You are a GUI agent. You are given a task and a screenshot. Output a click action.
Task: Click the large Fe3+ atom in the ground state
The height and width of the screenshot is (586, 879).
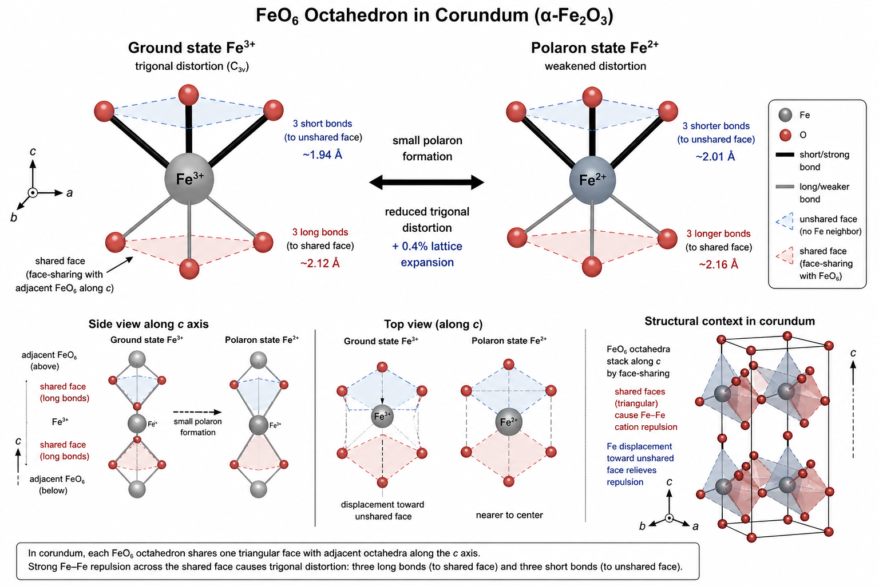click(x=189, y=179)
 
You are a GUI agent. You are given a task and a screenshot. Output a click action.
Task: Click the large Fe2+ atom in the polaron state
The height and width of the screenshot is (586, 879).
click(x=592, y=180)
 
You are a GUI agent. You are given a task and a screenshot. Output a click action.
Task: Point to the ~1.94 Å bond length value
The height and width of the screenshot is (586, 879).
click(x=323, y=155)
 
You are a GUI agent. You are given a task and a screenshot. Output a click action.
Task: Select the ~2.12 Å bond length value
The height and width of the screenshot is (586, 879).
click(x=320, y=263)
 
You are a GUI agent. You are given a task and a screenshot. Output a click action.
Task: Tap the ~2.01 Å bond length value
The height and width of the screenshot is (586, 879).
click(x=715, y=156)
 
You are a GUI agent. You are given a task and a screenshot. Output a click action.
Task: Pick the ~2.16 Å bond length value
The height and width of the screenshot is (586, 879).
click(x=718, y=264)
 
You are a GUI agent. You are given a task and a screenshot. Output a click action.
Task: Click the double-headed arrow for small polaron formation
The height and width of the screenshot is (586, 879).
click(x=427, y=183)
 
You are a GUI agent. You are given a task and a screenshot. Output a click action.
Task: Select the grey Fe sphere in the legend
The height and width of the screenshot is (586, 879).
click(x=786, y=115)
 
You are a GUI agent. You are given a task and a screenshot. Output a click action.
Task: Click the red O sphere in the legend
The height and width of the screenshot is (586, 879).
click(x=786, y=135)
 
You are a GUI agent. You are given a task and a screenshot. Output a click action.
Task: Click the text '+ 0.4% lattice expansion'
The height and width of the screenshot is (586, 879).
click(x=427, y=254)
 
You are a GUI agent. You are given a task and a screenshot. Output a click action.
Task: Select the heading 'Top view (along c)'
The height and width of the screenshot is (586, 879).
click(x=433, y=324)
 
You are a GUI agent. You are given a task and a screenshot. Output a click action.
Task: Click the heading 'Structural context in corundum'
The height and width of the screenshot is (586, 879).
click(x=730, y=321)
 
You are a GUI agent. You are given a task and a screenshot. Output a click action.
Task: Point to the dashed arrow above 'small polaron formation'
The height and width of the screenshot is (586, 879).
click(x=197, y=411)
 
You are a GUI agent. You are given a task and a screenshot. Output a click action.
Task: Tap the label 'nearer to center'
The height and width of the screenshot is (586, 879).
click(x=509, y=515)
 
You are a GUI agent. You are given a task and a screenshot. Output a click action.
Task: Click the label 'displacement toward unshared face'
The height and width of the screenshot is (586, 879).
click(x=383, y=510)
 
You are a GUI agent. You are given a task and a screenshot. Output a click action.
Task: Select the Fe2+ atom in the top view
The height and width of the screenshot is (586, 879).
click(x=508, y=422)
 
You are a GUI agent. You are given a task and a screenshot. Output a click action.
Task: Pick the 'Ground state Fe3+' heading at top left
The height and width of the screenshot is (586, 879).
click(x=192, y=48)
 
